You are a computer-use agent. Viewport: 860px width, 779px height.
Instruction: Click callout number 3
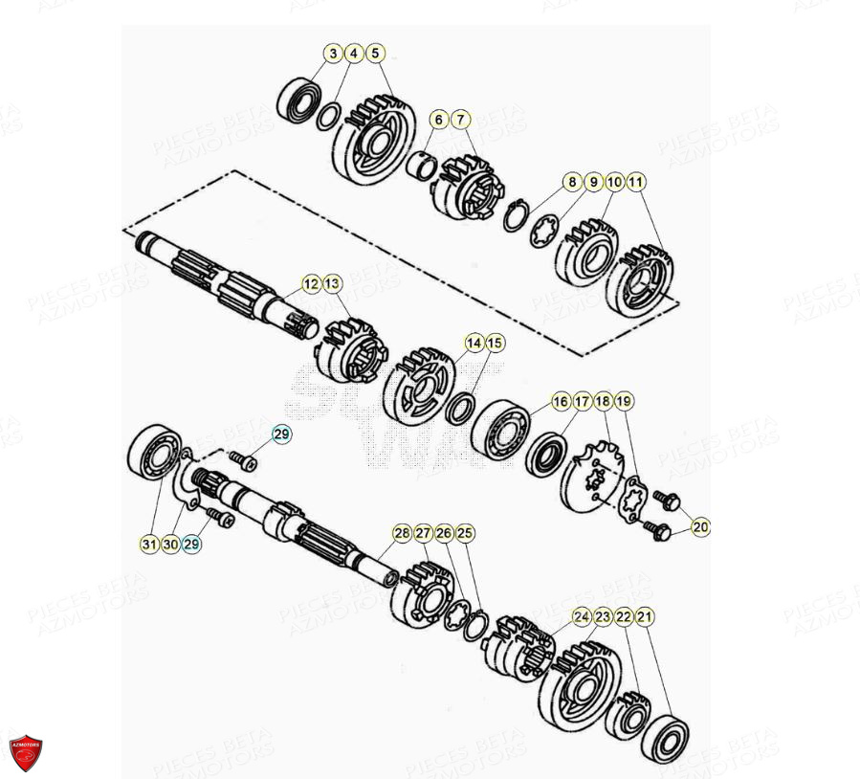[332, 54]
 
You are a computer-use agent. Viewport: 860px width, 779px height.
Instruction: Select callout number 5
[374, 54]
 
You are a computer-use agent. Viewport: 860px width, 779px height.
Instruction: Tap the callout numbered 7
[460, 120]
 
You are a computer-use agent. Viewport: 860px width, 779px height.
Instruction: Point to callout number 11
[636, 181]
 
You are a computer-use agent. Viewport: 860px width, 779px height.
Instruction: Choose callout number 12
[310, 283]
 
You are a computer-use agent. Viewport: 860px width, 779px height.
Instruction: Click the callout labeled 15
[494, 343]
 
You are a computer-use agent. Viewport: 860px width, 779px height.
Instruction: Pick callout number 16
[561, 400]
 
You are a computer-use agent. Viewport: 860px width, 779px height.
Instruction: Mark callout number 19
[624, 400]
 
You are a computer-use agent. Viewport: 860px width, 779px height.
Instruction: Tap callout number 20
[701, 526]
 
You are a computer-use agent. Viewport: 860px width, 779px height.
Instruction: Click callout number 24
[582, 618]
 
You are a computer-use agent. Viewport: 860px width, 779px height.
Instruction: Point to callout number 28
[402, 533]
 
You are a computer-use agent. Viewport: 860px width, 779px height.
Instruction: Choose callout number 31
[148, 544]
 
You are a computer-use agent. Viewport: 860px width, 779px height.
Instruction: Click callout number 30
[169, 544]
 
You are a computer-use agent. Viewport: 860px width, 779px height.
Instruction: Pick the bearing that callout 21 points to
[663, 737]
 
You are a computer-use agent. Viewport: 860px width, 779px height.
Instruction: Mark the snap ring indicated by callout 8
[518, 216]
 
